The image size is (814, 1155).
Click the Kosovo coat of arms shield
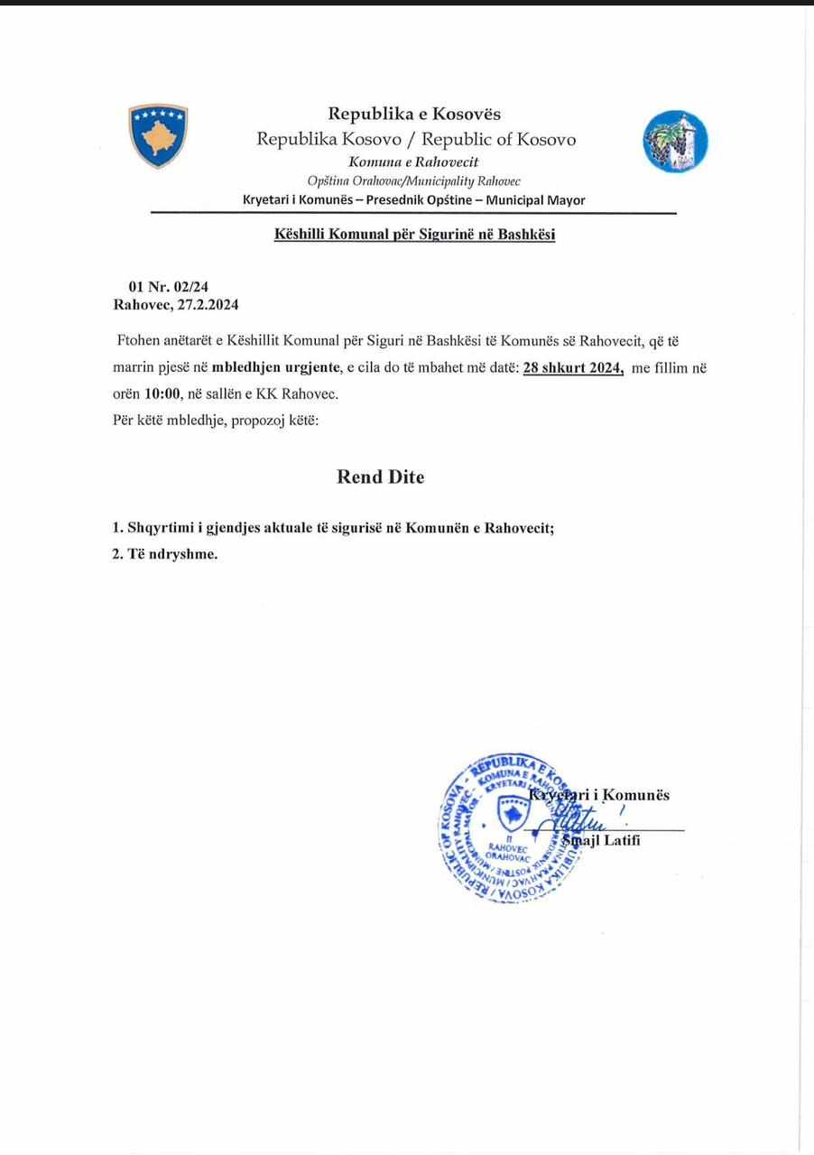(x=158, y=135)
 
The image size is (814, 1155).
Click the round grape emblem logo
(x=675, y=141)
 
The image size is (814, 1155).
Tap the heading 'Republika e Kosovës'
(x=413, y=114)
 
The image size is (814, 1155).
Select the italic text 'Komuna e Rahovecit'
(x=413, y=162)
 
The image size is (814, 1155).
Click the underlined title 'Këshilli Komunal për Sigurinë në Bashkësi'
(x=414, y=236)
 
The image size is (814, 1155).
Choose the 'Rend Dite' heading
(x=380, y=477)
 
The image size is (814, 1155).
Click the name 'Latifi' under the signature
(x=618, y=842)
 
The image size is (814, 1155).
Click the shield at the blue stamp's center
(x=513, y=814)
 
